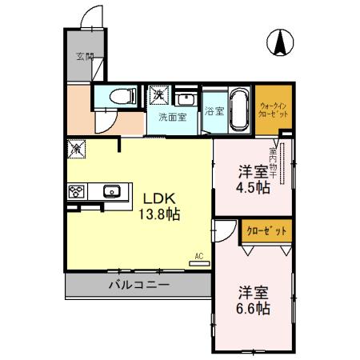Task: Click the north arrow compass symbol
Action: click(282, 42)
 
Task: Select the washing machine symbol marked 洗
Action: click(158, 94)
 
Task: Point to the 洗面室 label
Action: click(170, 117)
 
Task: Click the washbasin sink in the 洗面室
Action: click(186, 100)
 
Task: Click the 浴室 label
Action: click(213, 111)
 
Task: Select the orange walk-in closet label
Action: click(274, 109)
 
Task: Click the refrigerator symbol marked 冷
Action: click(77, 148)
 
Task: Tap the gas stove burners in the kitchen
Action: click(77, 191)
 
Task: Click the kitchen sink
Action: click(111, 191)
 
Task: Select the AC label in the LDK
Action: click(198, 258)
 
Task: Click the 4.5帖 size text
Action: click(253, 187)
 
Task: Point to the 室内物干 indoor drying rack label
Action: click(273, 160)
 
